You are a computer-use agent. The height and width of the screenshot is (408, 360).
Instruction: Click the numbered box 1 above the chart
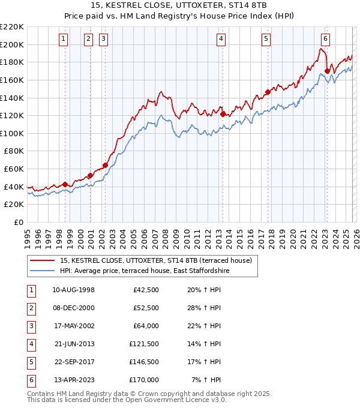pyautogui.click(x=64, y=39)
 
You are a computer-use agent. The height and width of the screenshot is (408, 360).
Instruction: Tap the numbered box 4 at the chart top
pyautogui.click(x=221, y=39)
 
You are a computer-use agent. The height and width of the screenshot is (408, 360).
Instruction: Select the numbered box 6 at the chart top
pyautogui.click(x=325, y=39)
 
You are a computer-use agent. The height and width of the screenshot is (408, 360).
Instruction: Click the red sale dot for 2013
pyautogui.click(x=223, y=114)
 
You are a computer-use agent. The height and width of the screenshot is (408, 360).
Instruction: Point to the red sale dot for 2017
pyautogui.click(x=268, y=92)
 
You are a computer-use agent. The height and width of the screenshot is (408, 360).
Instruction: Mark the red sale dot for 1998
pyautogui.click(x=65, y=184)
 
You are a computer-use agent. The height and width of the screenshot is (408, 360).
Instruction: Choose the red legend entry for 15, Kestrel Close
pyautogui.click(x=155, y=260)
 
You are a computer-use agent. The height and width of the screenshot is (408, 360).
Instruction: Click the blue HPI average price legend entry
pyautogui.click(x=145, y=271)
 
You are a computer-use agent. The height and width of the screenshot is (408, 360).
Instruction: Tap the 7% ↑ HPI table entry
pyautogui.click(x=206, y=380)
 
